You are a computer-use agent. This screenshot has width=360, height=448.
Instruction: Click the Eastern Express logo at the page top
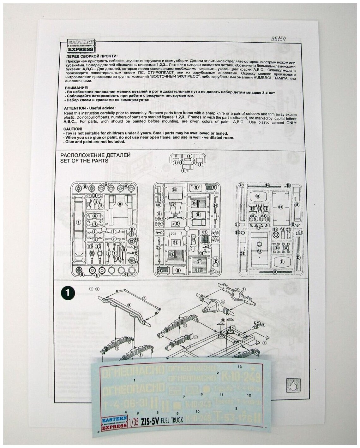(81, 46)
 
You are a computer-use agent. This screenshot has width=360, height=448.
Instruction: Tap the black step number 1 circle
(67, 293)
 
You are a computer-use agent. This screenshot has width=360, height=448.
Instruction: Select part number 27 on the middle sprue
(199, 262)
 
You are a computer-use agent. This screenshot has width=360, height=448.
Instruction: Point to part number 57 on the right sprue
(260, 251)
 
